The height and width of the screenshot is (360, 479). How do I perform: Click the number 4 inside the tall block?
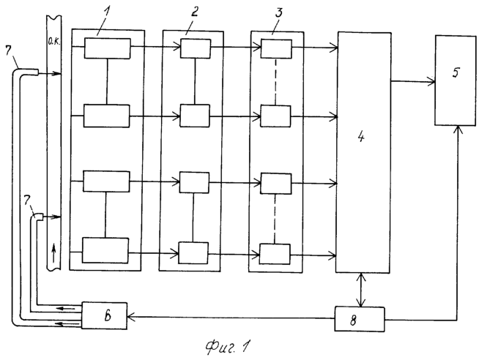[361, 138]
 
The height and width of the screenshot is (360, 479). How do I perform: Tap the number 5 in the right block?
[456, 72]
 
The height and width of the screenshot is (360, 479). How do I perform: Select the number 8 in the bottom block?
[353, 320]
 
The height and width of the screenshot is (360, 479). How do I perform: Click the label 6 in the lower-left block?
[107, 316]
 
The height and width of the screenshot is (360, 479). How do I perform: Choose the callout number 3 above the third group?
[279, 12]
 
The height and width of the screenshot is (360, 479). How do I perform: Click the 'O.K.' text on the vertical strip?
[54, 42]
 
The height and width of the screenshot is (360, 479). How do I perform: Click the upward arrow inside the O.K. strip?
[53, 252]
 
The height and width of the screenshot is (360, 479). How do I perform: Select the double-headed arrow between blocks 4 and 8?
[362, 290]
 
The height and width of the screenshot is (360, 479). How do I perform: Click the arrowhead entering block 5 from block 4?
[431, 82]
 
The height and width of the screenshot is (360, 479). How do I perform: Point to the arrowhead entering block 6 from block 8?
[131, 318]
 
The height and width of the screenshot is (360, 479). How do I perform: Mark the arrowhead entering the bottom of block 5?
[457, 129]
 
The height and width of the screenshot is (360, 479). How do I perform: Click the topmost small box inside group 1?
[107, 48]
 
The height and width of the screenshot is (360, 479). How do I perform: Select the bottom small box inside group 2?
[193, 253]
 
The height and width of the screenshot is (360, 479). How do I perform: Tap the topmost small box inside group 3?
[276, 49]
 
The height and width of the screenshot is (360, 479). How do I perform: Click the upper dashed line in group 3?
[275, 82]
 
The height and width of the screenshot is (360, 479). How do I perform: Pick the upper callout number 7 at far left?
[9, 50]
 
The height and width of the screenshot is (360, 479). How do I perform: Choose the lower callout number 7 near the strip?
[27, 200]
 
